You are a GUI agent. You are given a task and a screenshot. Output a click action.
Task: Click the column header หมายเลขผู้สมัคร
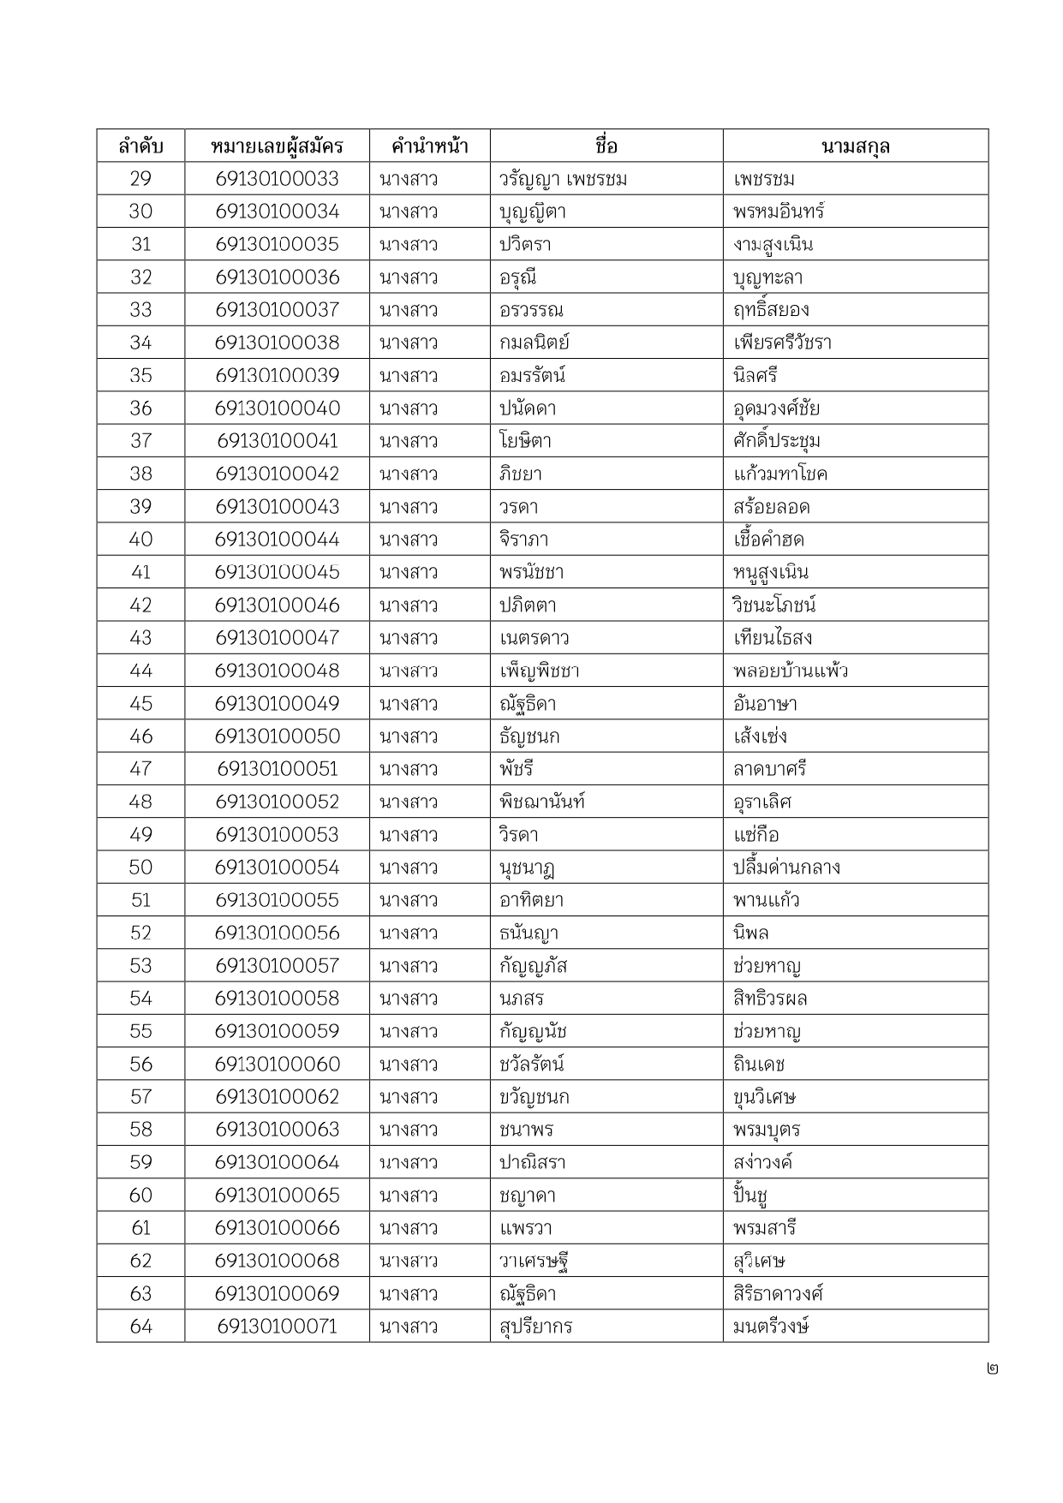click(277, 146)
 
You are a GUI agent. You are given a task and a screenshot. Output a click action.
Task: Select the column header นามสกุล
click(855, 146)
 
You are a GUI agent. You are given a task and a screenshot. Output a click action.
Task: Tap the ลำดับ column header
click(140, 146)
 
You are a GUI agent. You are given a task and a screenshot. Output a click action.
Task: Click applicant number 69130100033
click(277, 179)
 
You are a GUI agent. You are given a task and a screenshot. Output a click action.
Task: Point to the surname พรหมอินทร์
click(779, 212)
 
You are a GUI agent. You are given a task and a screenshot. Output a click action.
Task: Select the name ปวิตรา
click(525, 245)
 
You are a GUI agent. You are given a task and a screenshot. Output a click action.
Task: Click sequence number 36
click(140, 409)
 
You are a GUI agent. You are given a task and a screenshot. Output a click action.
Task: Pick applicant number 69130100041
click(277, 441)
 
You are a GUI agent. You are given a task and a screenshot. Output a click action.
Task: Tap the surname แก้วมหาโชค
click(779, 474)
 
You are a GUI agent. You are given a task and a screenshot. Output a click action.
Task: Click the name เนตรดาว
click(534, 638)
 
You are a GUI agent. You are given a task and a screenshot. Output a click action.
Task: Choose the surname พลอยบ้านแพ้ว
click(790, 671)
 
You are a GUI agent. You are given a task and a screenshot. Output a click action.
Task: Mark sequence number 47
click(140, 769)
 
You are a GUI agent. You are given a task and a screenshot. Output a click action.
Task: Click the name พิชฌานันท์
click(542, 802)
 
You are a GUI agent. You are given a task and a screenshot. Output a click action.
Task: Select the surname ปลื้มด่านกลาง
click(786, 868)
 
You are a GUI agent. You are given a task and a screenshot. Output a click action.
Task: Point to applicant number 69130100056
click(277, 933)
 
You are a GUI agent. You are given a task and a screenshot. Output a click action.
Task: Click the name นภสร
click(522, 999)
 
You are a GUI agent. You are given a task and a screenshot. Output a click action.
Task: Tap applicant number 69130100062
click(277, 1097)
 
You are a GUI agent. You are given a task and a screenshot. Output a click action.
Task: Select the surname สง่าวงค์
click(762, 1162)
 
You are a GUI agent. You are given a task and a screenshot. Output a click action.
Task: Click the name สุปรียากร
click(535, 1327)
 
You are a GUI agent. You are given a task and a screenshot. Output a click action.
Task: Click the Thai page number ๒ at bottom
click(992, 1369)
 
